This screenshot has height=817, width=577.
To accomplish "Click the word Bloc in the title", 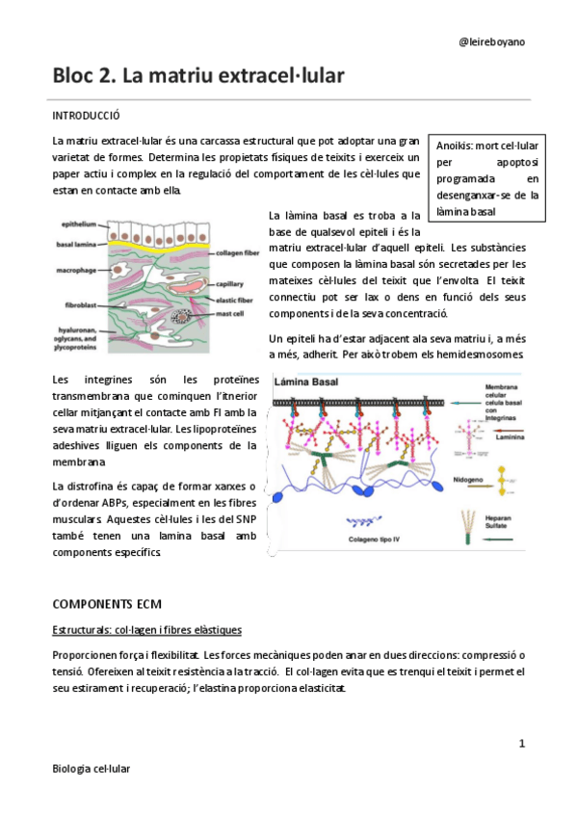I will tap(76, 75).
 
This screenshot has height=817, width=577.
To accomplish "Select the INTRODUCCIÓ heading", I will tap(86, 116).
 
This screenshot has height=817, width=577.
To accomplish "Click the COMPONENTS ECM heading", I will tap(106, 604).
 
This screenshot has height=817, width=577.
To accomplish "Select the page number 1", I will tap(521, 743).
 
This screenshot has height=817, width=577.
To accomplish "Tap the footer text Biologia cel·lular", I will tap(92, 768).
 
